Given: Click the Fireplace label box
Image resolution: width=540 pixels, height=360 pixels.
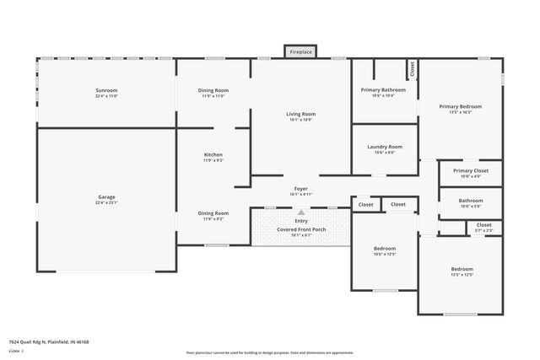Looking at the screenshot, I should click(301, 52).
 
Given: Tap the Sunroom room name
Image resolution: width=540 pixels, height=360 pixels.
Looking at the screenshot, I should click(106, 89).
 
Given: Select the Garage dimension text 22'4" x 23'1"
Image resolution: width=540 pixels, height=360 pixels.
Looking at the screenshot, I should click(106, 203).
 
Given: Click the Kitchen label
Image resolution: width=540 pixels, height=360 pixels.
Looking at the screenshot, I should click(213, 155).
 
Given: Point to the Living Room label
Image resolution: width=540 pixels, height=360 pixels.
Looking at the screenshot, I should click(300, 114).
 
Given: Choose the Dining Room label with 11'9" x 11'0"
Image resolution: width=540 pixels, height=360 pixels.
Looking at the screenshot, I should click(213, 90).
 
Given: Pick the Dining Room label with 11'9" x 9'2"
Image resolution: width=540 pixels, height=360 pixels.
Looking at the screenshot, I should click(213, 213).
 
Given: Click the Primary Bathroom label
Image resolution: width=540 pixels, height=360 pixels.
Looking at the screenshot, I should click(383, 89).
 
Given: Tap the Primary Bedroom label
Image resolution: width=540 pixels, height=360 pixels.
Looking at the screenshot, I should click(460, 106).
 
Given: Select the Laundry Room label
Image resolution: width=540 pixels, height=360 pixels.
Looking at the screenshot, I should click(385, 147).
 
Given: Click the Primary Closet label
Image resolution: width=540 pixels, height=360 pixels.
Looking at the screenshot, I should click(471, 170).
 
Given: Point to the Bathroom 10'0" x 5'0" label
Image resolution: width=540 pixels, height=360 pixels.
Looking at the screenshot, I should click(471, 201).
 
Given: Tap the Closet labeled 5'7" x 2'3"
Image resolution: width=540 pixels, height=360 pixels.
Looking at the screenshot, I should click(483, 225).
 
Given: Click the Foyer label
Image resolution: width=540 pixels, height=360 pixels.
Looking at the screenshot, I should click(300, 189).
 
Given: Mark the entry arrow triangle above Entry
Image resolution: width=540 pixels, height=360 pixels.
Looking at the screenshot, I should click(300, 212).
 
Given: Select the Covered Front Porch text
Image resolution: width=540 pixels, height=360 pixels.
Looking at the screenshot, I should click(300, 228).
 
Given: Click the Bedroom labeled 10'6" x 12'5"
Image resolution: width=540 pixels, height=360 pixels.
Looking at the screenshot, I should click(385, 249).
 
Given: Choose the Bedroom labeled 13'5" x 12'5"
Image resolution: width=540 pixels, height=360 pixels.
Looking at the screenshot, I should click(462, 270).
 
